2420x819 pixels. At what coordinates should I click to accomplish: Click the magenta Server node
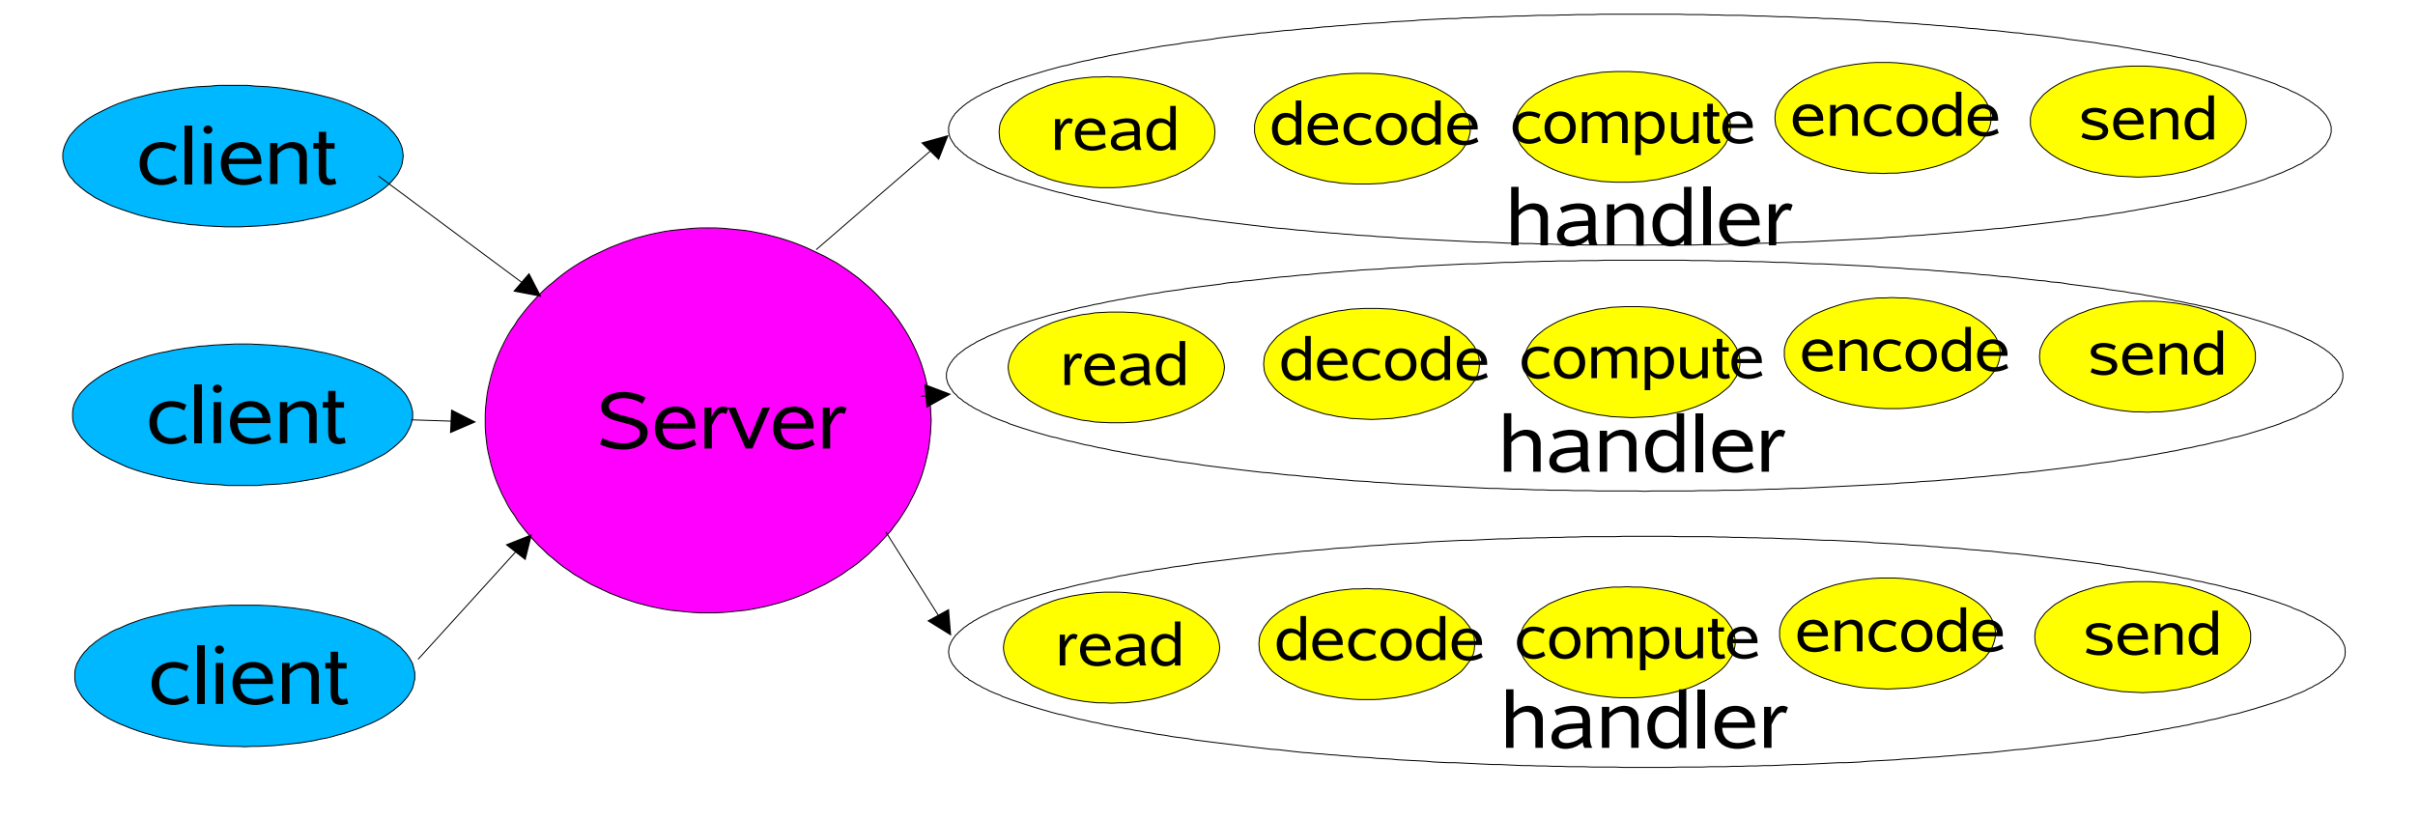coord(708,420)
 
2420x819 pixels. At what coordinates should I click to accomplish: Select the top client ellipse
coord(233,156)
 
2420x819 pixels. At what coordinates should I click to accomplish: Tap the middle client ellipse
coord(242,414)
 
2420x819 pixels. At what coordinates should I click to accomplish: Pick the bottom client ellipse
coord(244,676)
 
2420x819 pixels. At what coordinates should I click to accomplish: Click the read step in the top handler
coord(1107,131)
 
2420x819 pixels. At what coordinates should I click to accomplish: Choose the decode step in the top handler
coord(1363,128)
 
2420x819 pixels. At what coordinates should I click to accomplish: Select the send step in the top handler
coord(2138,122)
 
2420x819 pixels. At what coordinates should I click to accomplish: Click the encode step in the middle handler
coord(1893,353)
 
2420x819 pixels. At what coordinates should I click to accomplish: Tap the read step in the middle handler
coord(1116,367)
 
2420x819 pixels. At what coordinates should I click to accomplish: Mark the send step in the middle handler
coord(2148,356)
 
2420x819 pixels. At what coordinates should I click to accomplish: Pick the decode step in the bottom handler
coord(1367,644)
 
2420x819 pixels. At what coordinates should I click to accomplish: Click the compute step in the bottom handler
coord(1628,642)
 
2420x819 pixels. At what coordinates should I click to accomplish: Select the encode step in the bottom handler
coord(1888,634)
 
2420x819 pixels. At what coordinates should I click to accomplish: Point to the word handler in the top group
coord(1649,217)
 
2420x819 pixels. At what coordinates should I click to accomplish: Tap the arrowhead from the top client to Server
coord(528,286)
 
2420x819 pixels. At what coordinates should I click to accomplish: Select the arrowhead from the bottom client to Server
coord(521,546)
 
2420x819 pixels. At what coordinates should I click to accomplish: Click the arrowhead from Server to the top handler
coord(936,146)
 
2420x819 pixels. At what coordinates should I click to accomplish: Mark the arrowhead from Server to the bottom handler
coord(940,622)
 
